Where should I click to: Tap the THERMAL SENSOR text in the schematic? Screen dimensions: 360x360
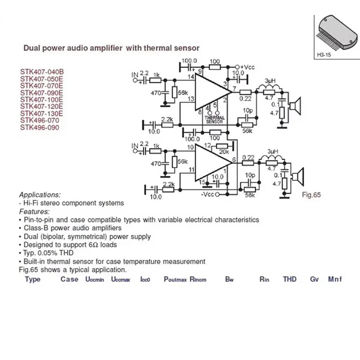[x=214, y=119]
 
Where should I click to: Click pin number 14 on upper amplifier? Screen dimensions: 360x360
[x=191, y=77]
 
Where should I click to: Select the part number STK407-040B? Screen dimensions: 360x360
[x=42, y=72]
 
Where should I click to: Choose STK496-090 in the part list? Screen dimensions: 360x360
[x=39, y=127]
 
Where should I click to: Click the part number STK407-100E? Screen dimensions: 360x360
[x=41, y=99]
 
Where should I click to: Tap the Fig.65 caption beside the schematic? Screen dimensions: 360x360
[x=311, y=196]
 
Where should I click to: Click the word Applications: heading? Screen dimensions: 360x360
[x=40, y=195]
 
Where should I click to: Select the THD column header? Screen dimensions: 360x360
[x=290, y=279]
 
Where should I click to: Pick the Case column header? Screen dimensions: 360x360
[x=69, y=279]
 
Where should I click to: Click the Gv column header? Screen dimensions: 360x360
[x=314, y=279]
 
